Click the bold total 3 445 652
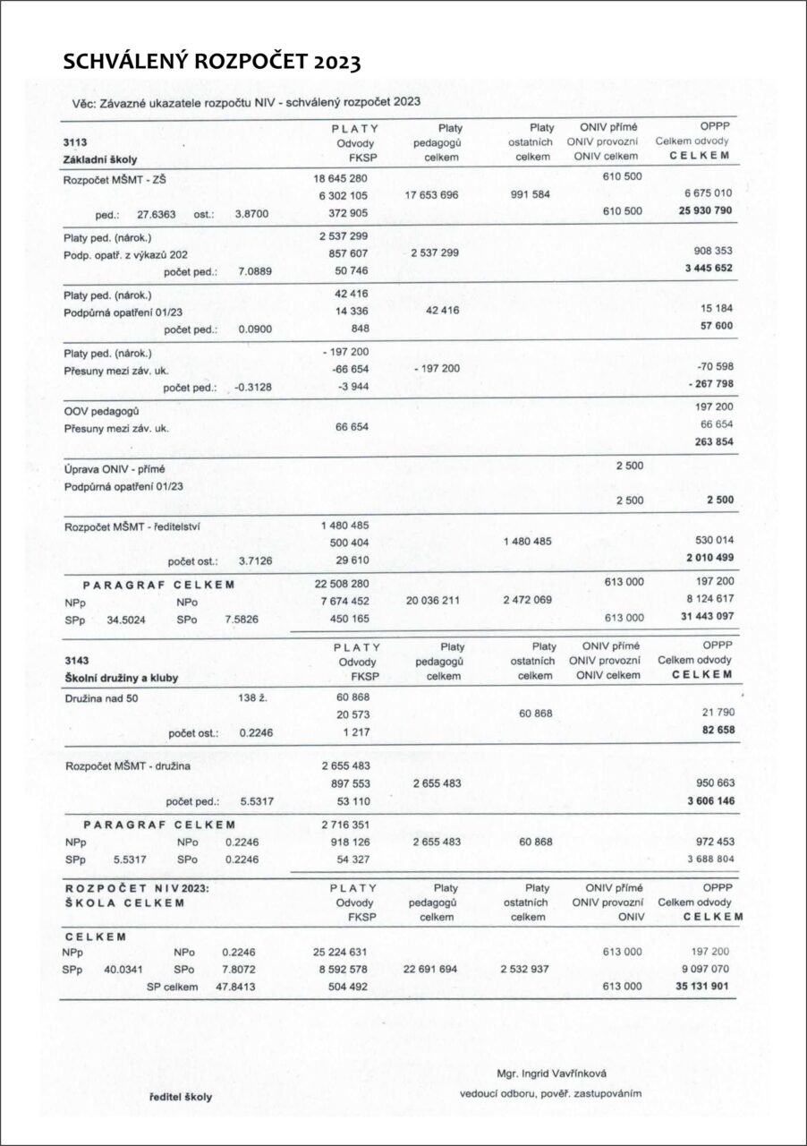point(709,269)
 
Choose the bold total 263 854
point(713,441)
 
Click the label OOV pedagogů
point(100,410)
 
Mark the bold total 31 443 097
point(706,618)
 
